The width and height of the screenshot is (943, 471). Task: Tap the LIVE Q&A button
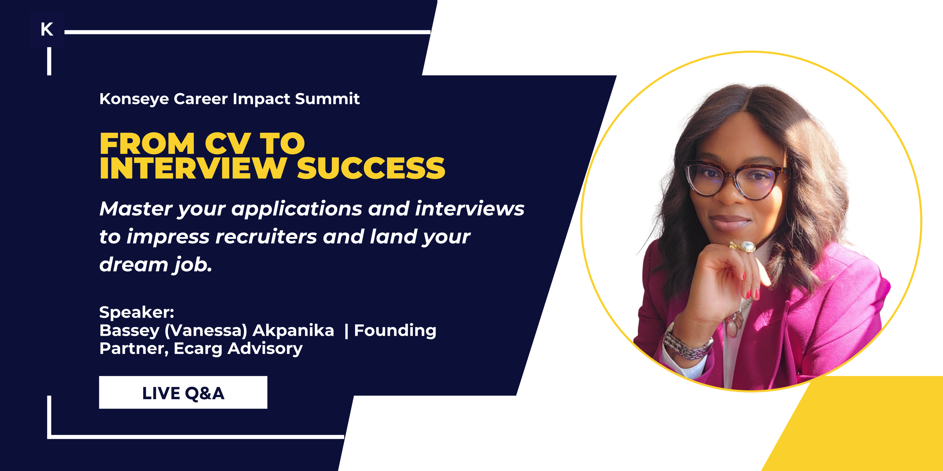pos(183,392)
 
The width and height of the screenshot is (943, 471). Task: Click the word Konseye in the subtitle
pos(134,99)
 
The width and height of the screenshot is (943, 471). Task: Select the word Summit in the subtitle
pos(327,99)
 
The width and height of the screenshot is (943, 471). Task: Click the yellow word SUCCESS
pos(371,168)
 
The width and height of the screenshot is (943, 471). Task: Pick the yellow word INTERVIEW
pos(193,168)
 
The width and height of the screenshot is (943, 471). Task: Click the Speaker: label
pos(137,312)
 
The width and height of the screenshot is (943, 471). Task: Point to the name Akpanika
pos(293,331)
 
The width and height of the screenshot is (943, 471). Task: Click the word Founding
pos(395,331)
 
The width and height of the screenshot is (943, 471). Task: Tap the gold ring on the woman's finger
pos(743,247)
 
